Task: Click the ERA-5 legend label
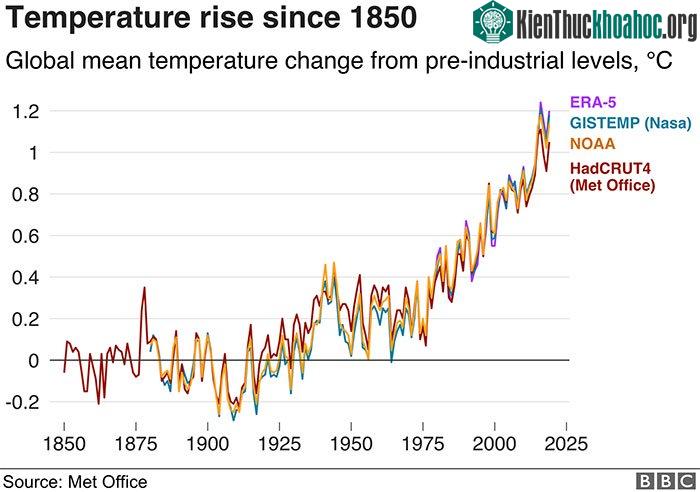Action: tap(593, 102)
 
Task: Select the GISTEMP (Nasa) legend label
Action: tap(631, 123)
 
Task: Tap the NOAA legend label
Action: tap(593, 144)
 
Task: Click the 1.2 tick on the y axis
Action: tap(26, 111)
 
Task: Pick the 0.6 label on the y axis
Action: tap(26, 236)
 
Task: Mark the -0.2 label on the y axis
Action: tap(23, 402)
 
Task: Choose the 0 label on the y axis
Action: tap(34, 361)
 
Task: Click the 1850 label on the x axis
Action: tap(64, 444)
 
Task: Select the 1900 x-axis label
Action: tap(208, 444)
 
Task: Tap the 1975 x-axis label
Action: tap(423, 444)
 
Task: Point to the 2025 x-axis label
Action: tap(567, 444)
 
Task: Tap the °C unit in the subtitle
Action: tap(659, 60)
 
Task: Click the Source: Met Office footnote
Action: tap(75, 482)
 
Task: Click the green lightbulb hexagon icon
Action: tap(493, 22)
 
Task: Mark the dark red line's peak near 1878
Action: tap(144, 288)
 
